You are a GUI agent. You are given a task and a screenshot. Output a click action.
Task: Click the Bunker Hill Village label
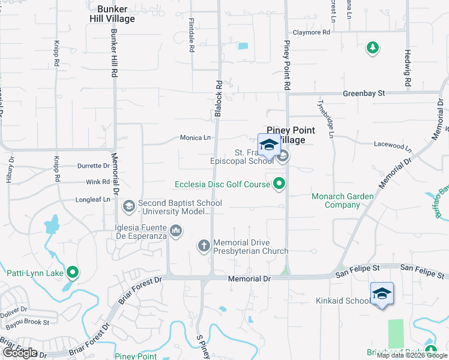116,14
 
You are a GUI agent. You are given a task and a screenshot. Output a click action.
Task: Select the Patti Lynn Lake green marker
73,273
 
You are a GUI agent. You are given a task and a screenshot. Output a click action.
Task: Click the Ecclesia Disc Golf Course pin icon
279,184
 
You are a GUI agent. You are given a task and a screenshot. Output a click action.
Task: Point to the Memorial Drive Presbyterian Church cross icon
204,245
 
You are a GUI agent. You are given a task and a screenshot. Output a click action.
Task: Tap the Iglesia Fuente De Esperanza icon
176,230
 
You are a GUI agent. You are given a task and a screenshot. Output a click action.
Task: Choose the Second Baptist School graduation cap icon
128,207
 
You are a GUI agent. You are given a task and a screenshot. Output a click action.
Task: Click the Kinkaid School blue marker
382,293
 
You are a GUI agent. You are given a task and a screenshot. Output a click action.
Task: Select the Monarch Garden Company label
343,200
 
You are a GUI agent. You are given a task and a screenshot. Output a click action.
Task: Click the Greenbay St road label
363,94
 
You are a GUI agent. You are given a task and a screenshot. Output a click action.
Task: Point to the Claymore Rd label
312,32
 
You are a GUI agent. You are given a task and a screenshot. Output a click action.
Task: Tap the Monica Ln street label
195,137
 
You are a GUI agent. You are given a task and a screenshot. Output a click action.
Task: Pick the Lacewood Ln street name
393,146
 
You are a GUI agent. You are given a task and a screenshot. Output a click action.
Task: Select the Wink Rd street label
98,182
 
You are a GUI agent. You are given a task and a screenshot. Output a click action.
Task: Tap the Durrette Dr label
94,166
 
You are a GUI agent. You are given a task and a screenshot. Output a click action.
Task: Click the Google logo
20,353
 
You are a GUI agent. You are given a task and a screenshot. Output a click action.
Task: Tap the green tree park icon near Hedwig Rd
373,48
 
